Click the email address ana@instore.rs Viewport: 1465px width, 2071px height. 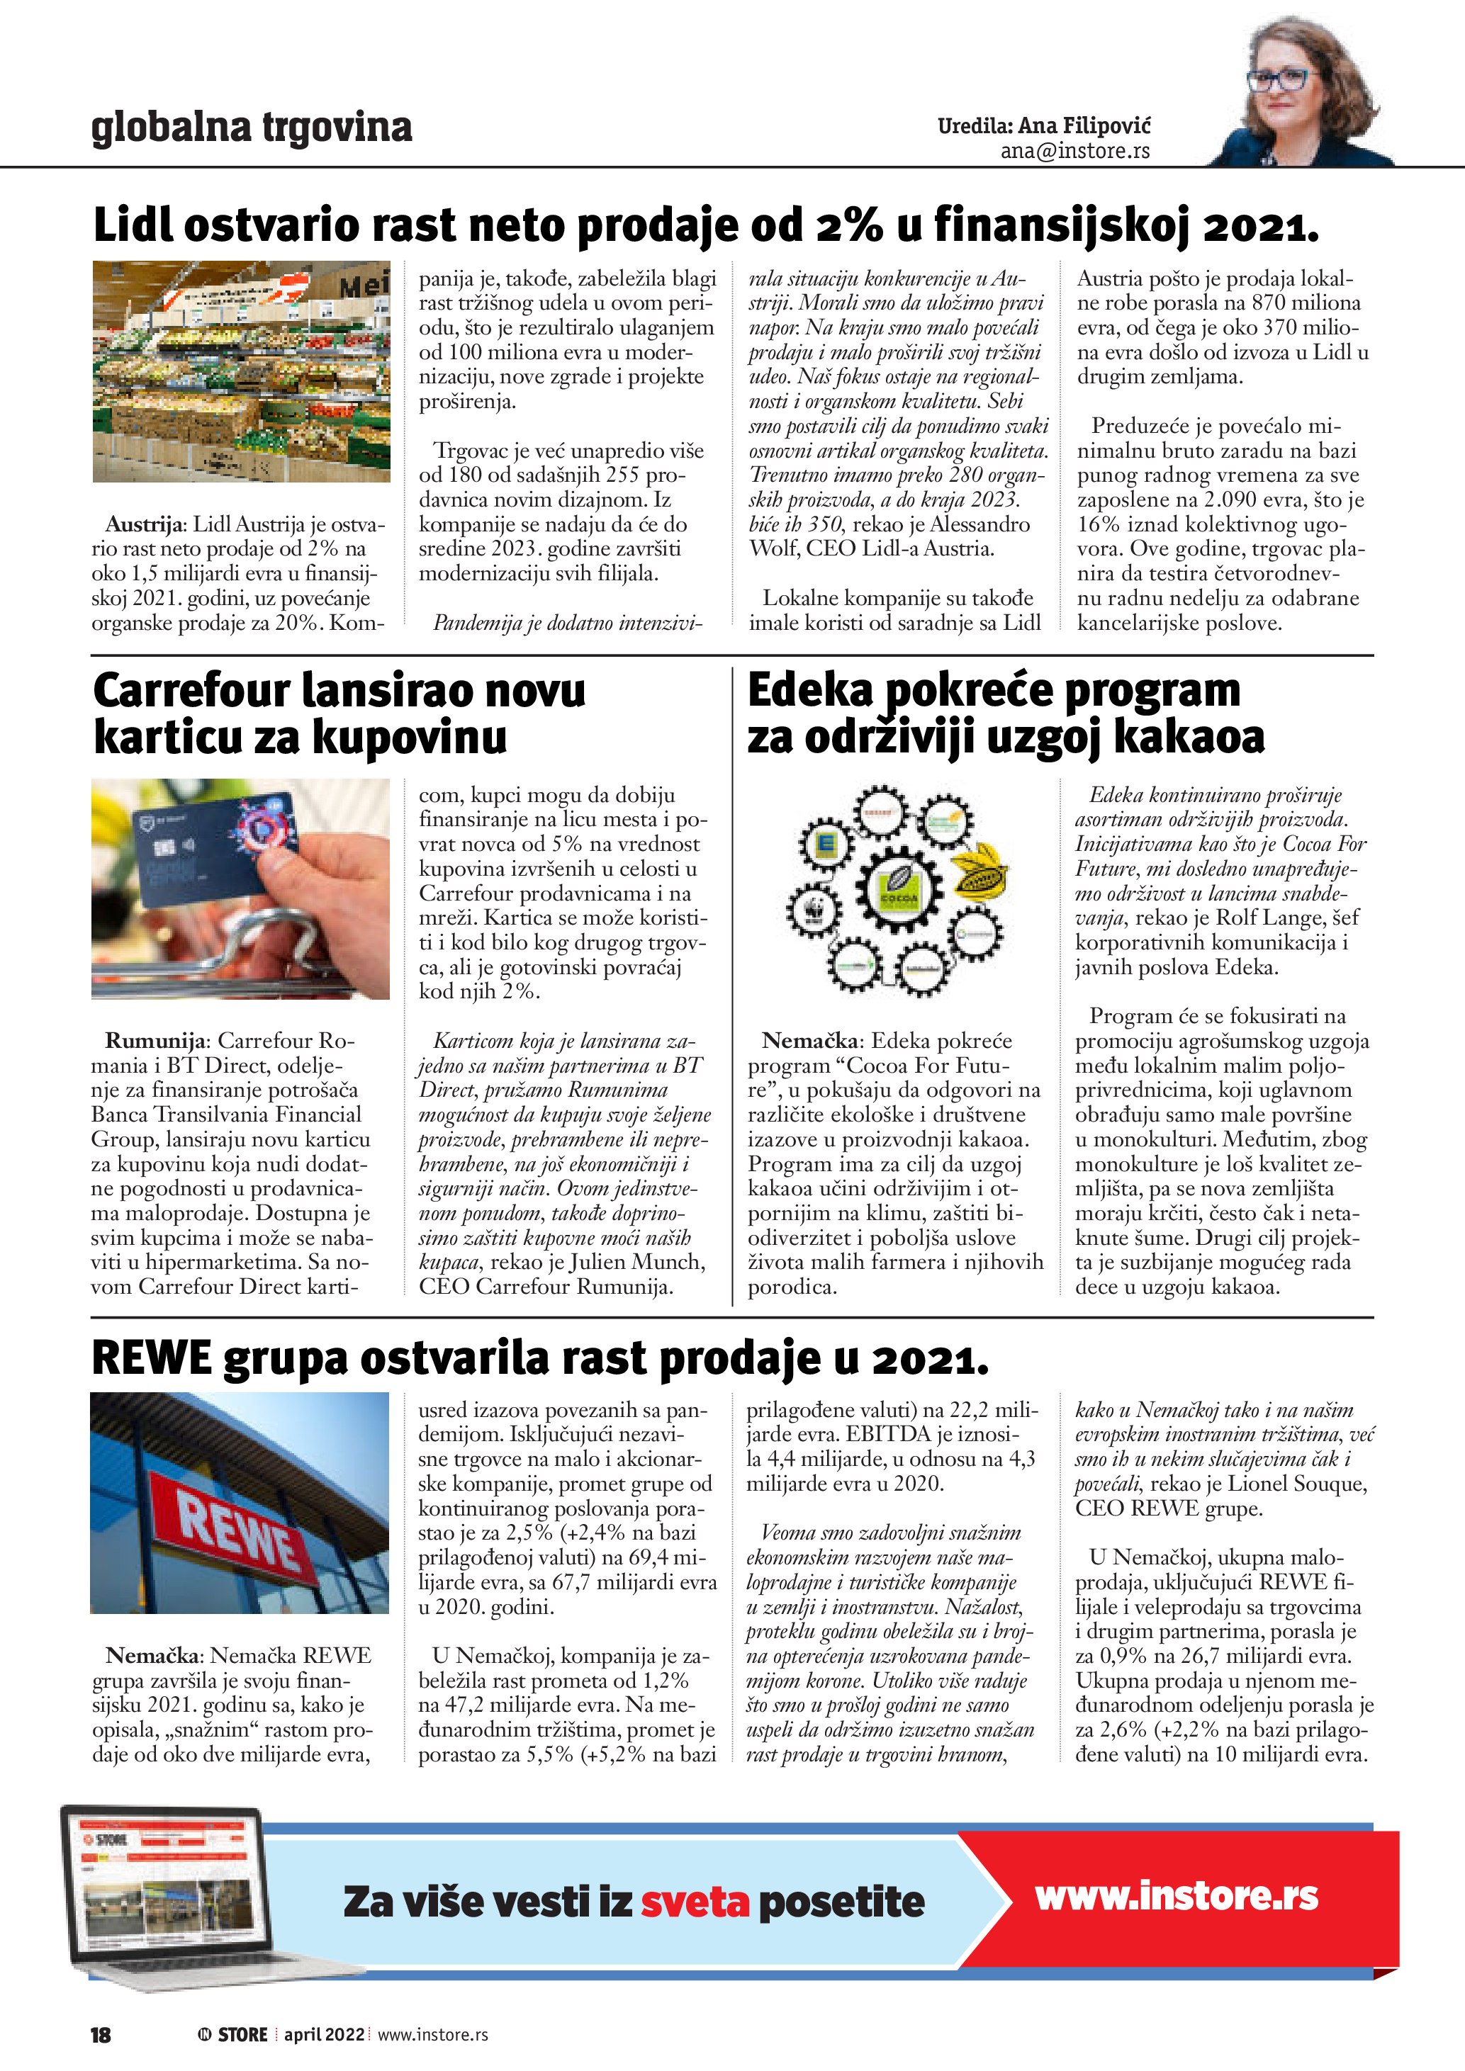click(1074, 152)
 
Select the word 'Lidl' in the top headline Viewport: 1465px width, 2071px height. click(133, 225)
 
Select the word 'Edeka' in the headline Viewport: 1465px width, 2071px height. click(809, 692)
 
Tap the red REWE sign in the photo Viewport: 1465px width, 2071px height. click(236, 1528)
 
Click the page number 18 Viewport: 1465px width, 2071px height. click(100, 2035)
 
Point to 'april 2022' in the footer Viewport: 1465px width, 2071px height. click(324, 2035)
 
